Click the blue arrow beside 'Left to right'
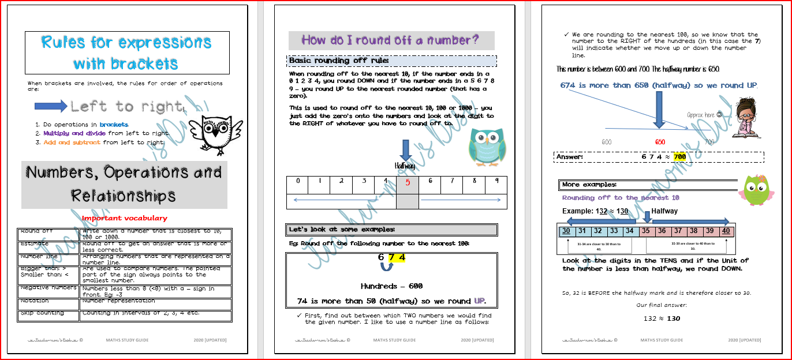pos(51,106)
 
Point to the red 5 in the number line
pos(407,183)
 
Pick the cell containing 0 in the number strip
pos(298,183)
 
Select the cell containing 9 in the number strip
pos(496,183)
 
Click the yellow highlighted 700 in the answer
pos(679,157)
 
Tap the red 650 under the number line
pos(660,142)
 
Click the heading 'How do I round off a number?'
pos(391,40)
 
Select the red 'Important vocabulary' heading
pos(125,218)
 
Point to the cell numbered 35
pos(647,231)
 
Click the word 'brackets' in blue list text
pos(114,125)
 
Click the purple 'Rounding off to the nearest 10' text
pos(621,198)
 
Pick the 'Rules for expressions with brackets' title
pos(126,52)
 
